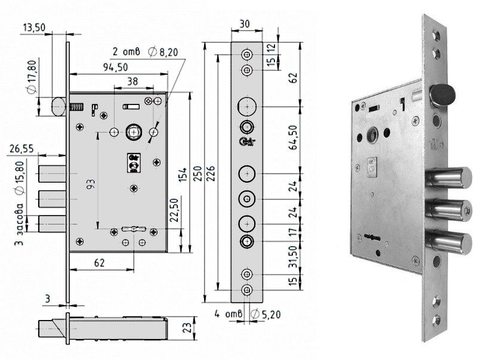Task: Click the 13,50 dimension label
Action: coord(34,27)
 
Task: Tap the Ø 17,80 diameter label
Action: coord(32,77)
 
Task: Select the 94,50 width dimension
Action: coord(116,67)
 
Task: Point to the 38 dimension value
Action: coord(132,82)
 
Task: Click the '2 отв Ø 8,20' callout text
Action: coord(146,52)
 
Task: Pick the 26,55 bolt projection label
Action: coord(21,149)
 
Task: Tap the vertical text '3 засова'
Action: coord(19,224)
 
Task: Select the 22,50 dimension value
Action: coord(175,210)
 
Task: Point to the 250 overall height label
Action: coord(198,174)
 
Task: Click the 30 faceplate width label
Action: coord(245,24)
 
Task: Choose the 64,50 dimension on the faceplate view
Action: coord(293,137)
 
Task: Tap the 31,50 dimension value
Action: coord(293,257)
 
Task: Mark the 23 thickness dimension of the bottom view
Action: coord(188,327)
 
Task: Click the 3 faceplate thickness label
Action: coord(48,299)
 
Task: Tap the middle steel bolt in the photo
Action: coord(449,210)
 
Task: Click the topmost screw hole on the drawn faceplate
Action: coord(247,54)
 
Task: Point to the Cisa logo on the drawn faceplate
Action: coord(247,141)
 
